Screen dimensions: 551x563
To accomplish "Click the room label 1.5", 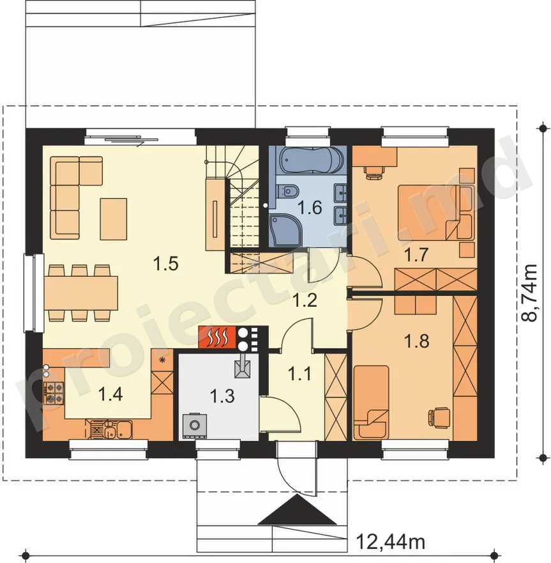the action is pyautogui.click(x=166, y=264).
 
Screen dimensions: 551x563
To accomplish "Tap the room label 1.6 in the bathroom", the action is pyautogui.click(x=311, y=208).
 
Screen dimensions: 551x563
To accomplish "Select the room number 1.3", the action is pyautogui.click(x=222, y=396).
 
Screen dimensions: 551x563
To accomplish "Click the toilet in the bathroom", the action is pyautogui.click(x=289, y=190).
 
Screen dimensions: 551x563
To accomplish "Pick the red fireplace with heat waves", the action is pyautogui.click(x=217, y=337).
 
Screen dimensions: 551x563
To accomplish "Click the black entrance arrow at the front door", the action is pyautogui.click(x=298, y=509).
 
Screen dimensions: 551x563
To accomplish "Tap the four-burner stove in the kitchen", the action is pyautogui.click(x=54, y=392).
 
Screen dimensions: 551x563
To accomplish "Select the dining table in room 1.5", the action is pyautogui.click(x=81, y=293).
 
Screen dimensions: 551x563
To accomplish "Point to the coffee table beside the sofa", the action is pyautogui.click(x=114, y=219).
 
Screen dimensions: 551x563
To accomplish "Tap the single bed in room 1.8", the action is pyautogui.click(x=372, y=402).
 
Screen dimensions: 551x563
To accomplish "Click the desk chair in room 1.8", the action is pyautogui.click(x=439, y=417).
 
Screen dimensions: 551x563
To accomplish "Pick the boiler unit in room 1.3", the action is pyautogui.click(x=195, y=426).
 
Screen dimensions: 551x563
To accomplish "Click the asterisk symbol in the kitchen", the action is pyautogui.click(x=162, y=360).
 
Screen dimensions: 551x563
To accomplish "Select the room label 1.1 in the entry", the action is pyautogui.click(x=300, y=374).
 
